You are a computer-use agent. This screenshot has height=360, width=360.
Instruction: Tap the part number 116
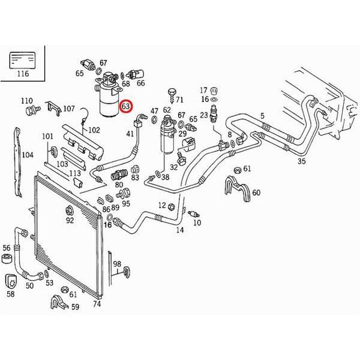pos(23,75)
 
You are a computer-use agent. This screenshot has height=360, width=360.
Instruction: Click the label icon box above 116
pos(23,61)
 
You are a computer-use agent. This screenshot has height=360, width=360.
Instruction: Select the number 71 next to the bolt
pos(179,98)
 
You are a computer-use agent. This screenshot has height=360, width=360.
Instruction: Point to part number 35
pos(301,161)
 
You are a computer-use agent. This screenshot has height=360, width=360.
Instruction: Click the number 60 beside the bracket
pos(256,192)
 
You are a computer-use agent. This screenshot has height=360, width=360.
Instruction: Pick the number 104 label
pos(28,155)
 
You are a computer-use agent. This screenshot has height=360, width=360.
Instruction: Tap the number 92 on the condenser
pos(70,221)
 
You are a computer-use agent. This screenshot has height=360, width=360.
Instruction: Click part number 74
pos(97,304)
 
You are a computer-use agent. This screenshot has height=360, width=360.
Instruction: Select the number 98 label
pos(117,264)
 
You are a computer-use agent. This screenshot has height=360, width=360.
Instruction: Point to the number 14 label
pos(179,230)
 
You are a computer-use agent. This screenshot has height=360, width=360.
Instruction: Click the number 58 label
pos(10,295)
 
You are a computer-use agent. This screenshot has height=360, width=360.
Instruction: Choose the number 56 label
pos(7,247)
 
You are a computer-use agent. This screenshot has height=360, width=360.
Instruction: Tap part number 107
pos(69,109)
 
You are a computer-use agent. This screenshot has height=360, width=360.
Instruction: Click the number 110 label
pos(27,100)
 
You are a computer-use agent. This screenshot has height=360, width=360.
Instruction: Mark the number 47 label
pos(154,111)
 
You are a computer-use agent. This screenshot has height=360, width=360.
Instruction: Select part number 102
pos(94,130)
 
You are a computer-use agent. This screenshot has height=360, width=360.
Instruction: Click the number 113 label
pos(74,174)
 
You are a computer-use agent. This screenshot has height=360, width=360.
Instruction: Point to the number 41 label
pos(130,134)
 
